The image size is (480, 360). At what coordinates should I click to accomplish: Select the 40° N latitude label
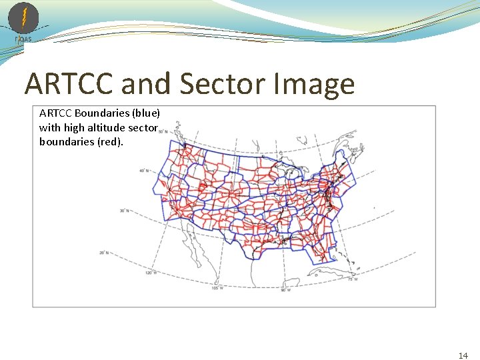point(143,170)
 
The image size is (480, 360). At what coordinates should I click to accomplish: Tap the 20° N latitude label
point(103,253)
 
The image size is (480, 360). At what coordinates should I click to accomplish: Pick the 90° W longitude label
point(285,289)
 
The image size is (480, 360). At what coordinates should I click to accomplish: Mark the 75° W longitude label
point(351,279)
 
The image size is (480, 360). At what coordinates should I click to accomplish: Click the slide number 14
point(463,355)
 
